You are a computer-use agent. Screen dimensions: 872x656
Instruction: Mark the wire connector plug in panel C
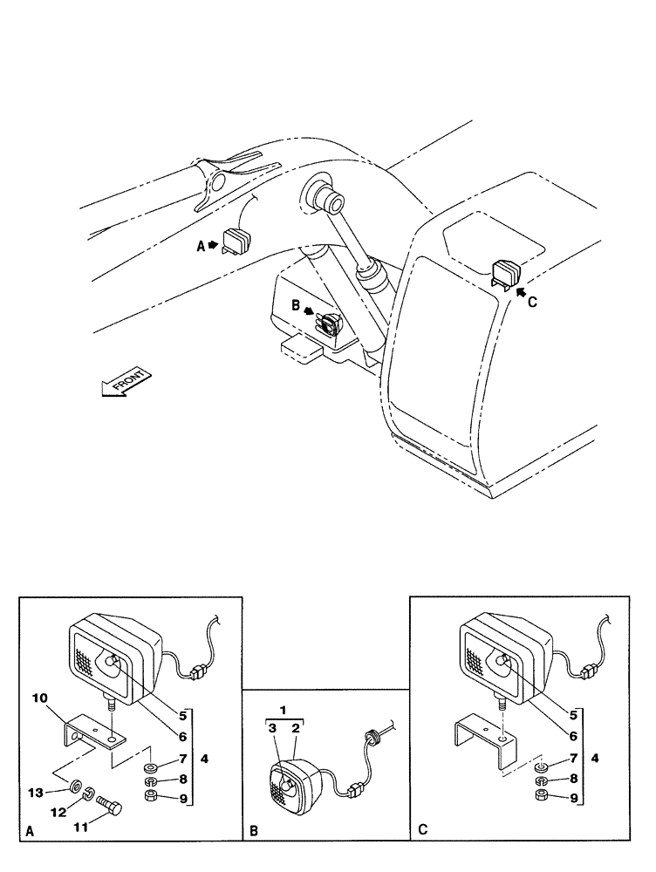pos(588,671)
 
